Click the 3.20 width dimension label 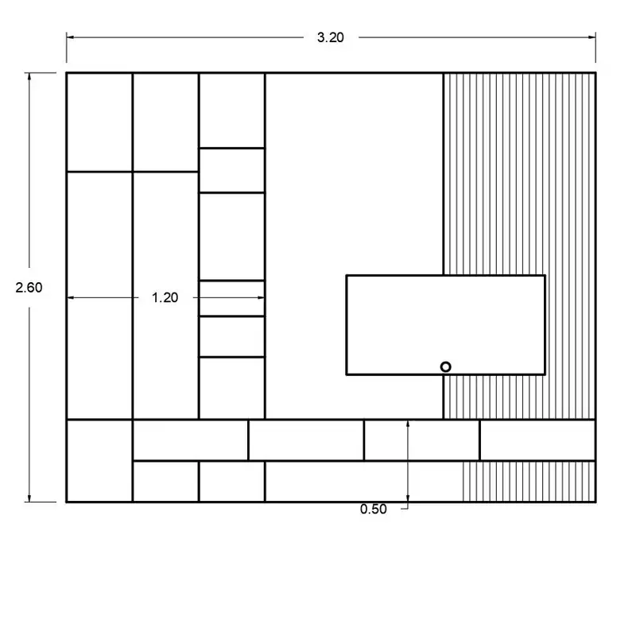[330, 37]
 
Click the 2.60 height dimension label [29, 288]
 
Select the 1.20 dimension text [165, 297]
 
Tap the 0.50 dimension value [373, 509]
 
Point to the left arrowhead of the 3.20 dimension [70, 37]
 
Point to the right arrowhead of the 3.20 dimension [591, 37]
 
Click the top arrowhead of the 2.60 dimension [29, 77]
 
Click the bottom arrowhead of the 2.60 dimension [29, 498]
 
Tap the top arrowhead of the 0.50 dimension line [408, 425]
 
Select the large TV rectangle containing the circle [445, 325]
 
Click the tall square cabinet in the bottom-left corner [99, 461]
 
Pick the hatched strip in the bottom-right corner [529, 482]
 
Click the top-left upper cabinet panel [99, 122]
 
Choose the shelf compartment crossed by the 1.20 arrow [232, 298]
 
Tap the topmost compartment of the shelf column [232, 111]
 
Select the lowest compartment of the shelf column [232, 388]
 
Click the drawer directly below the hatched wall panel [537, 440]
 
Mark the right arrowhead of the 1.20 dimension [261, 297]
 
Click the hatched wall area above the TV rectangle [519, 173]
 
